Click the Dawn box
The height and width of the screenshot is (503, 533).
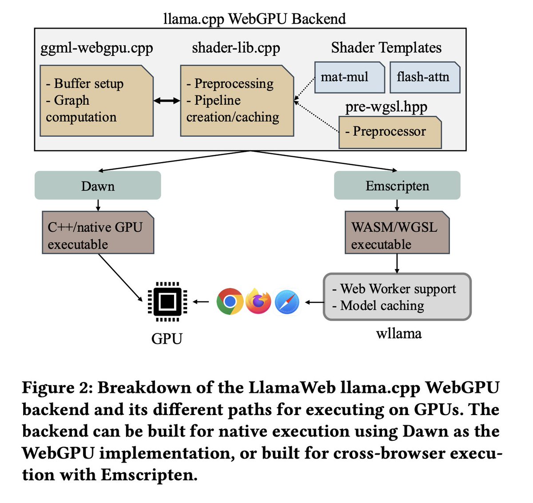click(98, 186)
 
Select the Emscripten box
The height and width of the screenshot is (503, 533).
click(397, 186)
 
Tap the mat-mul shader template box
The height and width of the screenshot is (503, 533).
click(350, 78)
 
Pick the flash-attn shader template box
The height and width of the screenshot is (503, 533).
click(425, 78)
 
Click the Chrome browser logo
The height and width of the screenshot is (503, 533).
click(230, 301)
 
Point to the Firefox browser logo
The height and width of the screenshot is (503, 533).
click(259, 301)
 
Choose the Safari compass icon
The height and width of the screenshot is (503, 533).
click(287, 302)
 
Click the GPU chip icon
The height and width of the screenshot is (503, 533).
click(167, 301)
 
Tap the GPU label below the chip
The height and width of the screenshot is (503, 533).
click(167, 339)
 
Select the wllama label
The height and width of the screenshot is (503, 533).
click(399, 334)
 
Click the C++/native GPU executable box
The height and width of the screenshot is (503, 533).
click(98, 232)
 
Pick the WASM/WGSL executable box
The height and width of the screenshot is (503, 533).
click(397, 232)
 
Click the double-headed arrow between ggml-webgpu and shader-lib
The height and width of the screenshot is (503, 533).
click(167, 101)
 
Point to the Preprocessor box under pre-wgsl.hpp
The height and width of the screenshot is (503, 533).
click(390, 132)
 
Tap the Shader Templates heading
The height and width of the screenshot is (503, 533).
click(386, 48)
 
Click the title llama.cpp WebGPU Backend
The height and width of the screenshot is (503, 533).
click(255, 19)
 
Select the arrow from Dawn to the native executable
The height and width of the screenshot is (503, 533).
click(98, 205)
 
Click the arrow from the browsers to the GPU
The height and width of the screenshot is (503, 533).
click(201, 302)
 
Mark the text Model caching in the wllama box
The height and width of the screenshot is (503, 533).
click(382, 306)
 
